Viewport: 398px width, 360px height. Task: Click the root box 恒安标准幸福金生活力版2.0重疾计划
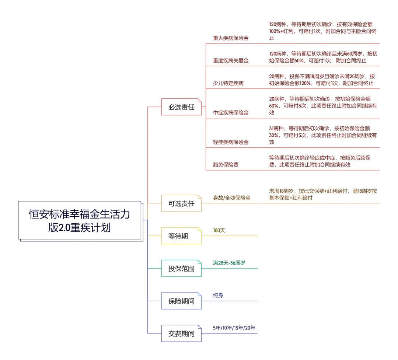tap(80, 220)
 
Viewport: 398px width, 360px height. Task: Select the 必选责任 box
tap(181, 107)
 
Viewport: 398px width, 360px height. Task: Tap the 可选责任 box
tap(181, 203)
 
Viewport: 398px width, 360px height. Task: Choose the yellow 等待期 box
tap(181, 236)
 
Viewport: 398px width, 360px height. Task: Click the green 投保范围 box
tap(181, 268)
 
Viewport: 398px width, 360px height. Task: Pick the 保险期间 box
tap(181, 301)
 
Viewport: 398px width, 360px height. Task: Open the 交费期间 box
tap(181, 333)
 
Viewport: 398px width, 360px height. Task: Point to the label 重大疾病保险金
tap(231, 38)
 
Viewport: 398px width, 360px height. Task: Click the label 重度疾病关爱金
tap(231, 61)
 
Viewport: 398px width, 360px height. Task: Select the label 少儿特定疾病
tap(228, 83)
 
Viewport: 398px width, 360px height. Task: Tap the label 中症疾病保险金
tap(231, 113)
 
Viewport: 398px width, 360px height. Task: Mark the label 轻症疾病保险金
tap(231, 142)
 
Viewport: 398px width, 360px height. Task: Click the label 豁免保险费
tap(226, 165)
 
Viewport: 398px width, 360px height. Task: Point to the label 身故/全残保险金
tap(232, 198)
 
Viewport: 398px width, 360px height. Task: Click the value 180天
tap(219, 230)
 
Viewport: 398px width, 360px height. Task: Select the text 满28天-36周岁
tap(229, 263)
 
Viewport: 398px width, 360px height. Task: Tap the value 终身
tap(218, 295)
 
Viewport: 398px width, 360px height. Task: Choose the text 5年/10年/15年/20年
tap(234, 328)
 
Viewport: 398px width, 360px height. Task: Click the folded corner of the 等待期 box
tap(200, 229)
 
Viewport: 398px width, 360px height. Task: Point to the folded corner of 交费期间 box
tap(200, 327)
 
